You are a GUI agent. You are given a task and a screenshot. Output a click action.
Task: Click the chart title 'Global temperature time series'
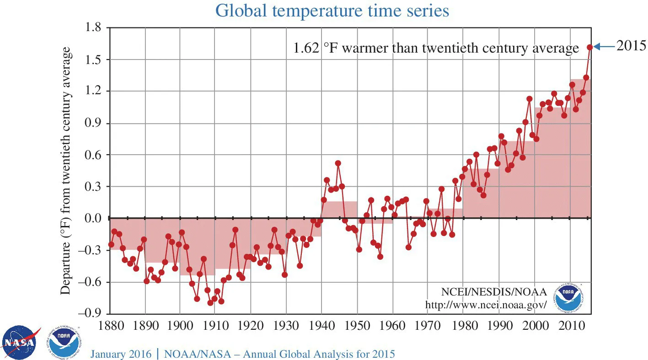332,11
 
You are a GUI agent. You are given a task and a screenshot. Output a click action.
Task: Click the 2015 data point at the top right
589,47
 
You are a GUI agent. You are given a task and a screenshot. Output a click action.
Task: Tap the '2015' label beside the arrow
631,46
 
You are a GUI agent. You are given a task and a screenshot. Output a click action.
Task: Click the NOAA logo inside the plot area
568,297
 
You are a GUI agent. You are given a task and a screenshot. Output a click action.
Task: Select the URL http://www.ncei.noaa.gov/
486,305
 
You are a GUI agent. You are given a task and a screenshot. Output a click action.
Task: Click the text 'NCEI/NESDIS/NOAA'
493,292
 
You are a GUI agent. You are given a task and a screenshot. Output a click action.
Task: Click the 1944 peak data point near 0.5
338,163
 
